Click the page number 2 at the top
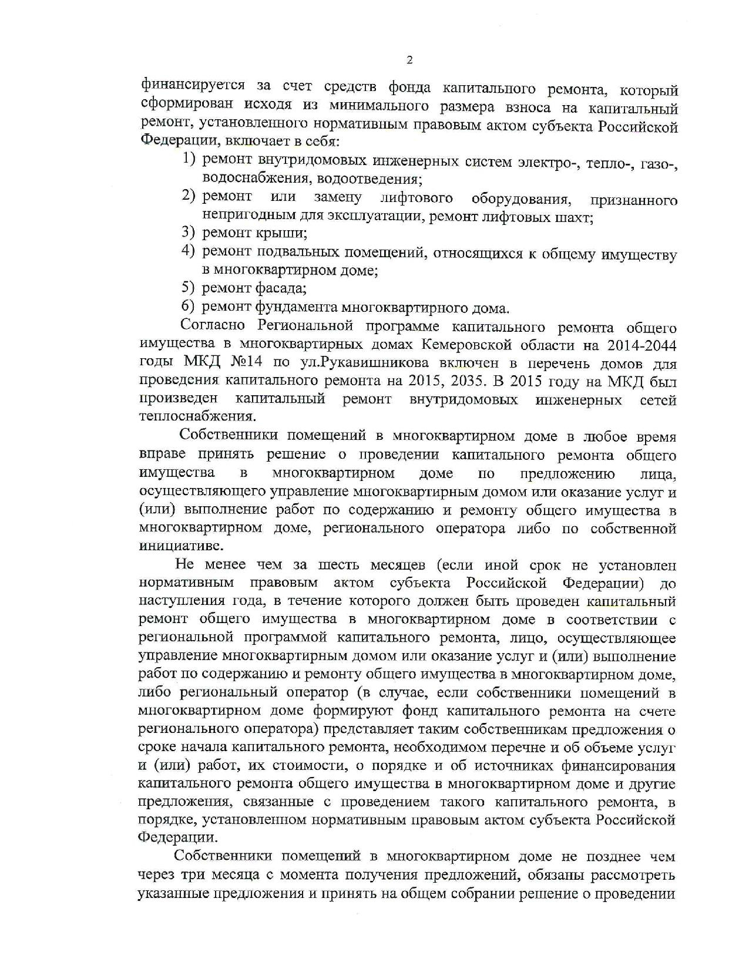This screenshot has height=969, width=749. coord(409,60)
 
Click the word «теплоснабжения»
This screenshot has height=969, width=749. coord(197,416)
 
